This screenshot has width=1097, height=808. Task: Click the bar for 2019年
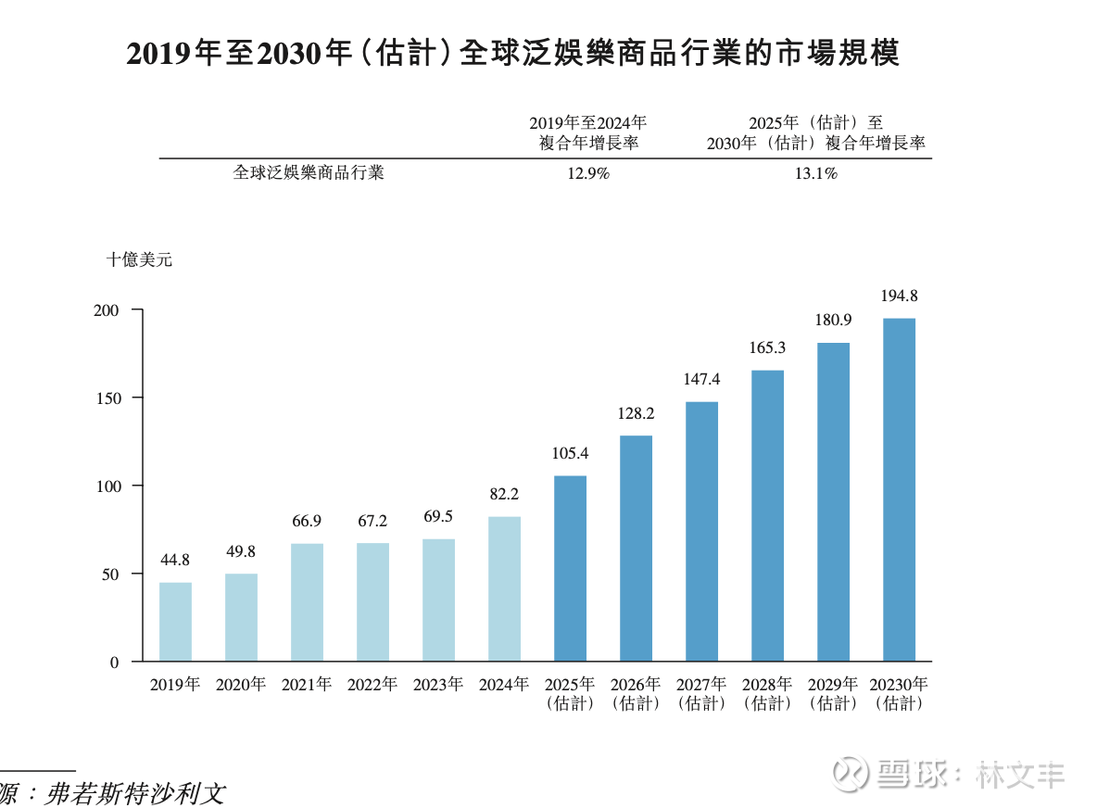coord(175,622)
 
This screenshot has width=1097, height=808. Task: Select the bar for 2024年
coord(504,588)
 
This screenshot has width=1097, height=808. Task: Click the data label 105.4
coord(570,453)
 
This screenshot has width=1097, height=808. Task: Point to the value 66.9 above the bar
coord(307,521)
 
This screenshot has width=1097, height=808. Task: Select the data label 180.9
coord(833,320)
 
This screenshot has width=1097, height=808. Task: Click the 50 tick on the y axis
coord(110,574)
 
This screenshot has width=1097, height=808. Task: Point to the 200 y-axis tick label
coord(106,309)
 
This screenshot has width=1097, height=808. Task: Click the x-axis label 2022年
coord(372,685)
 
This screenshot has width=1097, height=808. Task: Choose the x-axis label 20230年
coord(899,685)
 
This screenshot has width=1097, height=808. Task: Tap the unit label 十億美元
coord(139,260)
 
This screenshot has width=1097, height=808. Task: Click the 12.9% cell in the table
coord(587,173)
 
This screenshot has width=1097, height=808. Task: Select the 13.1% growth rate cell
coord(815,173)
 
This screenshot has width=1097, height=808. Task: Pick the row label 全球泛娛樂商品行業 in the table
coord(308,173)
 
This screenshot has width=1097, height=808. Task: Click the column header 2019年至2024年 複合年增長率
coord(587,133)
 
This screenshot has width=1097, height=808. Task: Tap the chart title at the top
coord(512,54)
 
